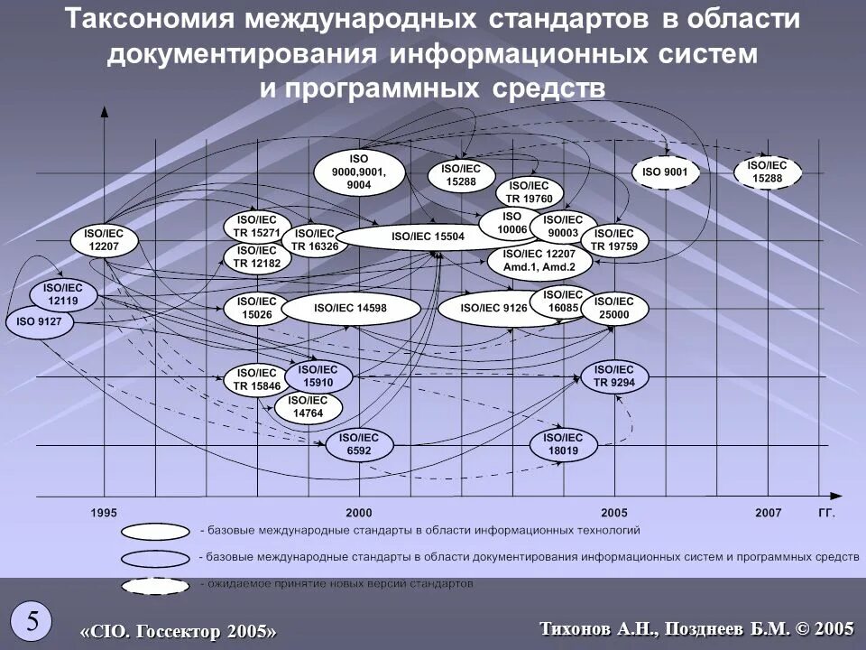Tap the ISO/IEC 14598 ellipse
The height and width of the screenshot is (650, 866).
(351, 309)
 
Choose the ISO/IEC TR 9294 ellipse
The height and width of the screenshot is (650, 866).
(614, 376)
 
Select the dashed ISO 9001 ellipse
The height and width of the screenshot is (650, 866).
(665, 172)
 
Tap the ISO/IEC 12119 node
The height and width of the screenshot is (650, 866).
(63, 294)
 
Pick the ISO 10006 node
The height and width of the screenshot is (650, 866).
(511, 223)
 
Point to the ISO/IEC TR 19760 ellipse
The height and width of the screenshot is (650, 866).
(530, 193)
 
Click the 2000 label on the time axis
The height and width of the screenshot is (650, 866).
(358, 513)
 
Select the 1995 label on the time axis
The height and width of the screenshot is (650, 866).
(104, 513)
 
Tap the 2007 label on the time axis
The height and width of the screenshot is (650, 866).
(769, 513)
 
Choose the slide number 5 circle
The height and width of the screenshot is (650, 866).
(32, 621)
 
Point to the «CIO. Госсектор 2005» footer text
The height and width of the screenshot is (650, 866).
(179, 631)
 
